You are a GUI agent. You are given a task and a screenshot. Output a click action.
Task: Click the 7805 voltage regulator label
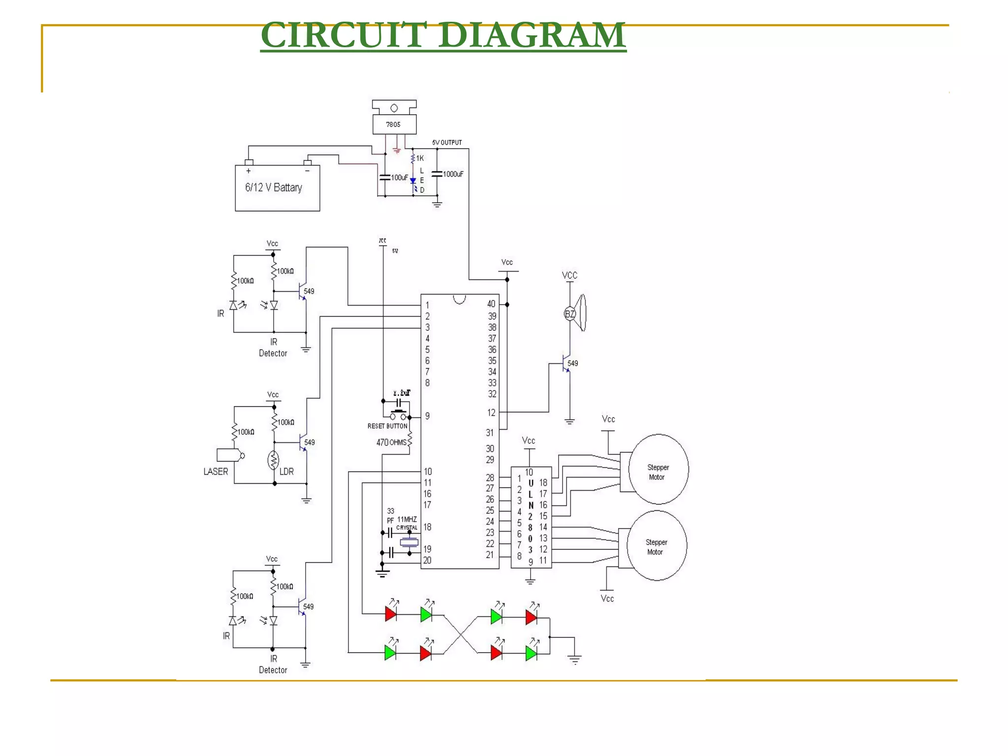click(x=393, y=125)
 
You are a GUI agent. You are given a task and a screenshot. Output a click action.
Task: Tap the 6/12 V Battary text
click(x=274, y=188)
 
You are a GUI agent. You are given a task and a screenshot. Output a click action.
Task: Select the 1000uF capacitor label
click(x=453, y=174)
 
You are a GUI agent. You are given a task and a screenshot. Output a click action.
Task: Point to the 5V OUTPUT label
click(x=447, y=143)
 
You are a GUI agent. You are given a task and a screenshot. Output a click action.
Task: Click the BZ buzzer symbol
click(x=570, y=314)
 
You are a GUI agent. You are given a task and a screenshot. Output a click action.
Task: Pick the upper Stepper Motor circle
click(x=658, y=469)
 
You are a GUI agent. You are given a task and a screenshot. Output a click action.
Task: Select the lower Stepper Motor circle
click(x=657, y=546)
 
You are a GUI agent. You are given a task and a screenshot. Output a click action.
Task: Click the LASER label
click(x=216, y=472)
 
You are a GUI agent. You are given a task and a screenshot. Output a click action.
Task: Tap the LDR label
click(x=286, y=472)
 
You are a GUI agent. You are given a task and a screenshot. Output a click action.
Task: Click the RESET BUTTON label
click(x=387, y=426)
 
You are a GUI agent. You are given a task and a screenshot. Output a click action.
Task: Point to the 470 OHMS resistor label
click(x=391, y=442)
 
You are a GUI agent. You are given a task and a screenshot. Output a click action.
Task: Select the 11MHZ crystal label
click(x=407, y=519)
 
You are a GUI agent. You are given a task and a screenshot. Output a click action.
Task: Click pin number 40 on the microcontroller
click(x=491, y=304)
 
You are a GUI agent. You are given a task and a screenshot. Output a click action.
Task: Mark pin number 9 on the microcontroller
click(x=427, y=416)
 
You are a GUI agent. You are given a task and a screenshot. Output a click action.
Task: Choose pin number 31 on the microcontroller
click(x=490, y=433)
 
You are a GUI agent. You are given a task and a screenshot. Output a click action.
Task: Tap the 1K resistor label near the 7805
click(x=420, y=158)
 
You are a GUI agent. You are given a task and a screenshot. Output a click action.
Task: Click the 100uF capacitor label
click(x=399, y=178)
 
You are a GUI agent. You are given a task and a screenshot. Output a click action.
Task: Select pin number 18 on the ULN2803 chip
click(x=543, y=483)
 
